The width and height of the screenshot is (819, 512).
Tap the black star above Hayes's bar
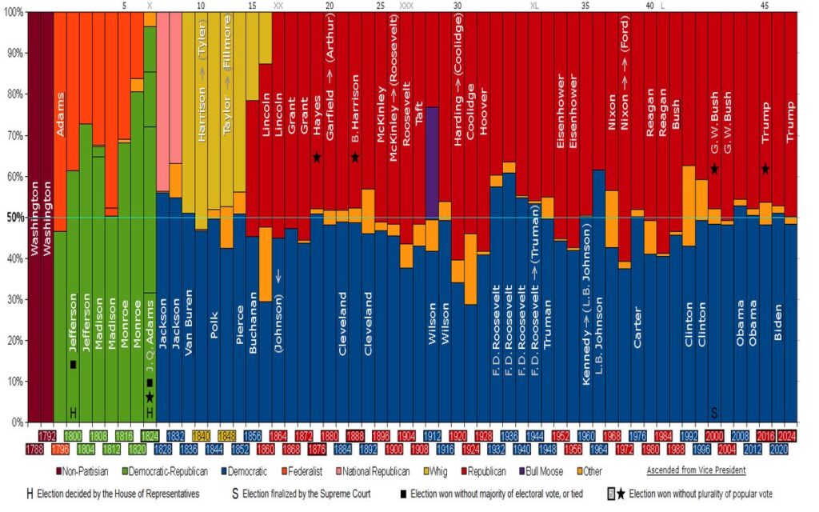pyautogui.click(x=317, y=158)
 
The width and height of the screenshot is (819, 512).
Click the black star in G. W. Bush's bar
pyautogui.click(x=714, y=169)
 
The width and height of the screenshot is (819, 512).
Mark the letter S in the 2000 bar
pyautogui.click(x=715, y=413)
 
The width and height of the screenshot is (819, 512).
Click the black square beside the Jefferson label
pyautogui.click(x=73, y=365)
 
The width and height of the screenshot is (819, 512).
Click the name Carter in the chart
pyautogui.click(x=637, y=327)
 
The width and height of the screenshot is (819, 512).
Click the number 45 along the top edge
pyautogui.click(x=765, y=6)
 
